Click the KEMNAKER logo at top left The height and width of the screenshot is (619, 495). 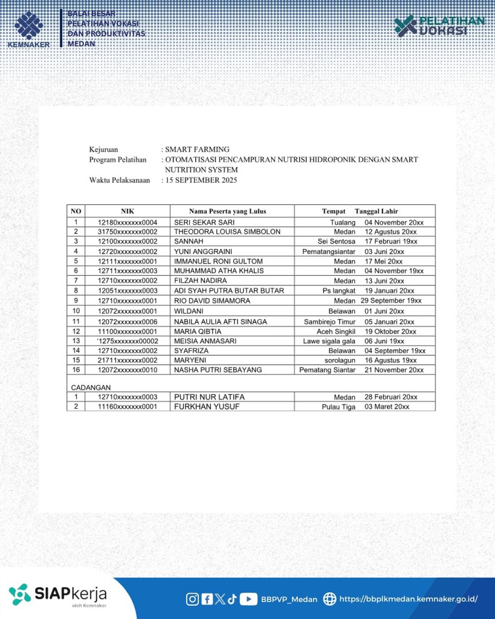pyautogui.click(x=28, y=28)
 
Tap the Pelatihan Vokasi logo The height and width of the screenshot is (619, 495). pyautogui.click(x=439, y=26)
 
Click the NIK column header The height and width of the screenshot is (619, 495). pyautogui.click(x=127, y=211)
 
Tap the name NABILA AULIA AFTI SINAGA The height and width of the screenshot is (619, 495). pyautogui.click(x=221, y=322)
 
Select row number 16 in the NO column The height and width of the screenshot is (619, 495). pyautogui.click(x=76, y=369)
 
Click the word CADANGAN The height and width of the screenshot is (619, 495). pyautogui.click(x=91, y=387)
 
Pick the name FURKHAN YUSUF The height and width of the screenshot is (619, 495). pyautogui.click(x=207, y=407)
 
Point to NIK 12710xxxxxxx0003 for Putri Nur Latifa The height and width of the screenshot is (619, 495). pyautogui.click(x=128, y=397)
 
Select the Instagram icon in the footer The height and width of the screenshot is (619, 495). pyautogui.click(x=192, y=599)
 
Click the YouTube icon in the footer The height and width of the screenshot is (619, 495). pyautogui.click(x=248, y=599)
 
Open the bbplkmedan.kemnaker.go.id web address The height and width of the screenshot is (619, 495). pyautogui.click(x=408, y=599)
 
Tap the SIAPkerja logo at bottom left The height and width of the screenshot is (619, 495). pyautogui.click(x=58, y=595)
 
